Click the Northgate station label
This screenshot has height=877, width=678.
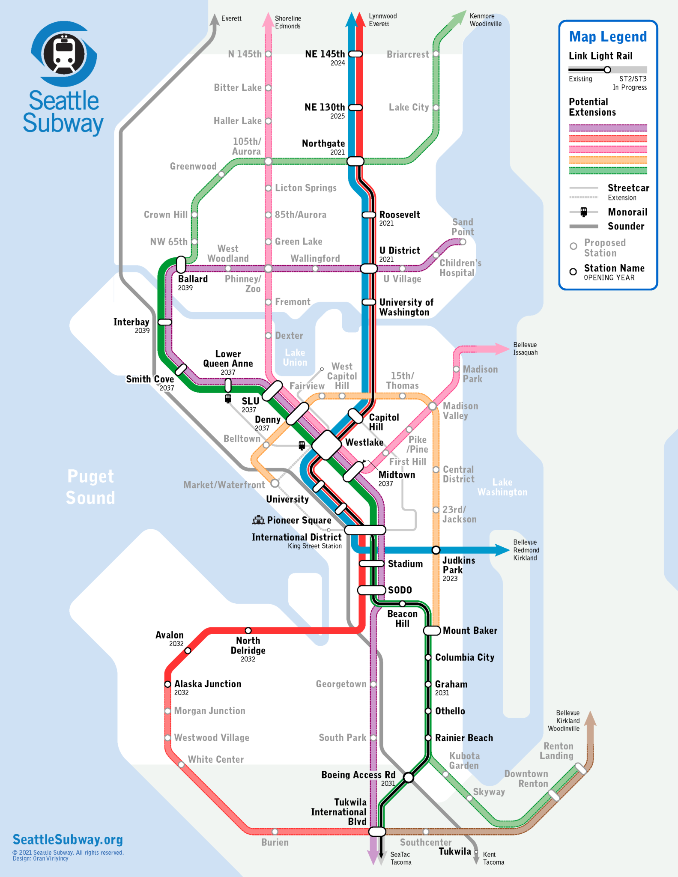[323, 143]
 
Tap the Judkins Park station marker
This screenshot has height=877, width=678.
[436, 550]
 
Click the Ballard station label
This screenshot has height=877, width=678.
[193, 279]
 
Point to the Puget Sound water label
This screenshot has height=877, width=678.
[91, 487]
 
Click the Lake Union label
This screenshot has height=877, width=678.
[295, 357]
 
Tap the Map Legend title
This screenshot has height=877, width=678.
[608, 37]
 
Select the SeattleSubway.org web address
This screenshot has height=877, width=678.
[68, 839]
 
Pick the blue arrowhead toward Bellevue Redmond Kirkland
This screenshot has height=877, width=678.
[502, 550]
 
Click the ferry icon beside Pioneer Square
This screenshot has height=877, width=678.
[258, 520]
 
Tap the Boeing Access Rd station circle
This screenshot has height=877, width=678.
[408, 777]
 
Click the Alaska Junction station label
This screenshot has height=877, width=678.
[208, 684]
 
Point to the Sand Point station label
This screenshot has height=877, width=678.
[463, 227]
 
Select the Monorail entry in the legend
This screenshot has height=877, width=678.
[627, 212]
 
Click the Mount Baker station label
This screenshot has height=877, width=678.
[470, 630]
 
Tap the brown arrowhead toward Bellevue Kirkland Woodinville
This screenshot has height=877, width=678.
[590, 718]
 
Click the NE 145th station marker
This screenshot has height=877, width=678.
[355, 54]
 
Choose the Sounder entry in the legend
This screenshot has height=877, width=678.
[626, 226]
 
